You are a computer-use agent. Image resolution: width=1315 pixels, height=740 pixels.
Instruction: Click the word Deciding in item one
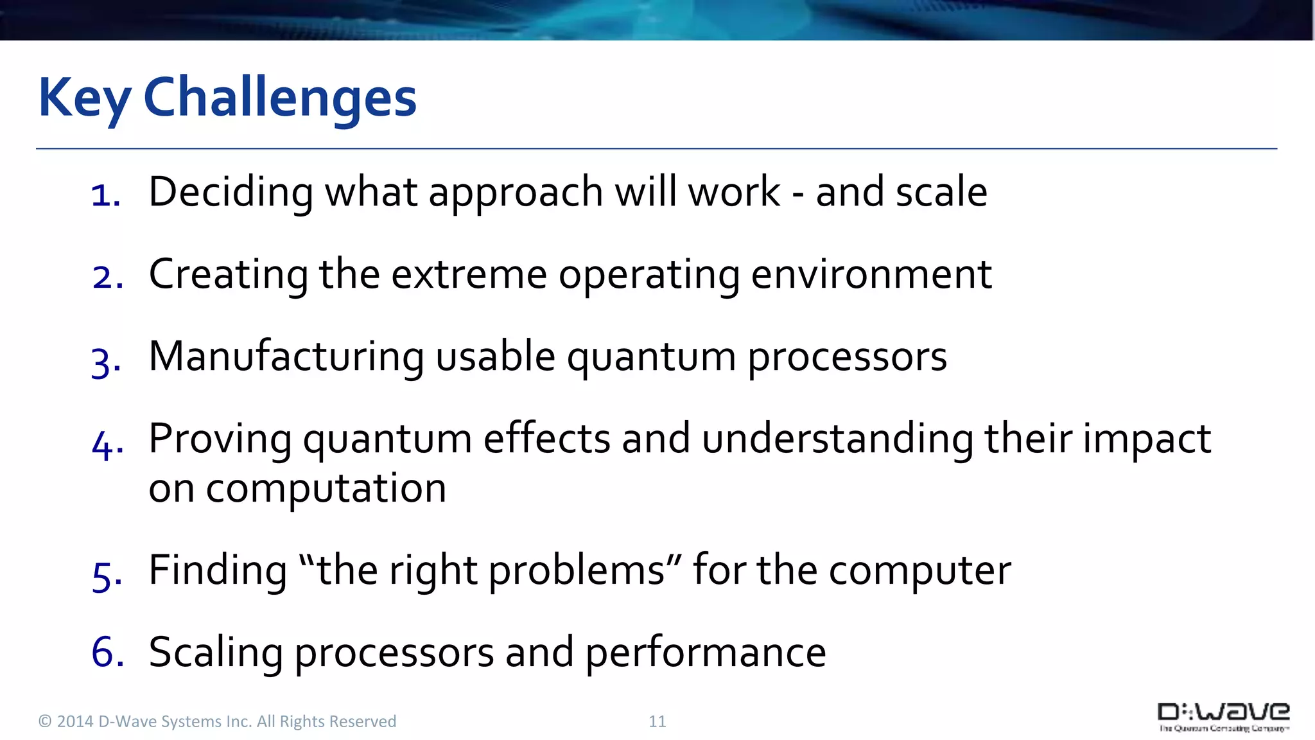231,193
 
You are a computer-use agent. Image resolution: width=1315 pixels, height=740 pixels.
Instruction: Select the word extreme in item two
469,275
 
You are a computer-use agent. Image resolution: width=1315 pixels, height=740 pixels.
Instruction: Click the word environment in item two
871,275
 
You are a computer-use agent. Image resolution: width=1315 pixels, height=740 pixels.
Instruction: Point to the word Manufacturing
286,357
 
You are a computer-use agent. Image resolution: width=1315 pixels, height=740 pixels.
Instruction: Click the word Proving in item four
220,441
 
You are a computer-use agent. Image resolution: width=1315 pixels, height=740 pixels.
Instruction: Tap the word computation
326,489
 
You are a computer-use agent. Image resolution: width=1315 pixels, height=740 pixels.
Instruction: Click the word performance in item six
705,653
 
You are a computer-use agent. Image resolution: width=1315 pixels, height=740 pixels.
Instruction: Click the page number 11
657,721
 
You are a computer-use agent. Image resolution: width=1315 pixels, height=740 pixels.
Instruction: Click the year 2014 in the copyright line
75,721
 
